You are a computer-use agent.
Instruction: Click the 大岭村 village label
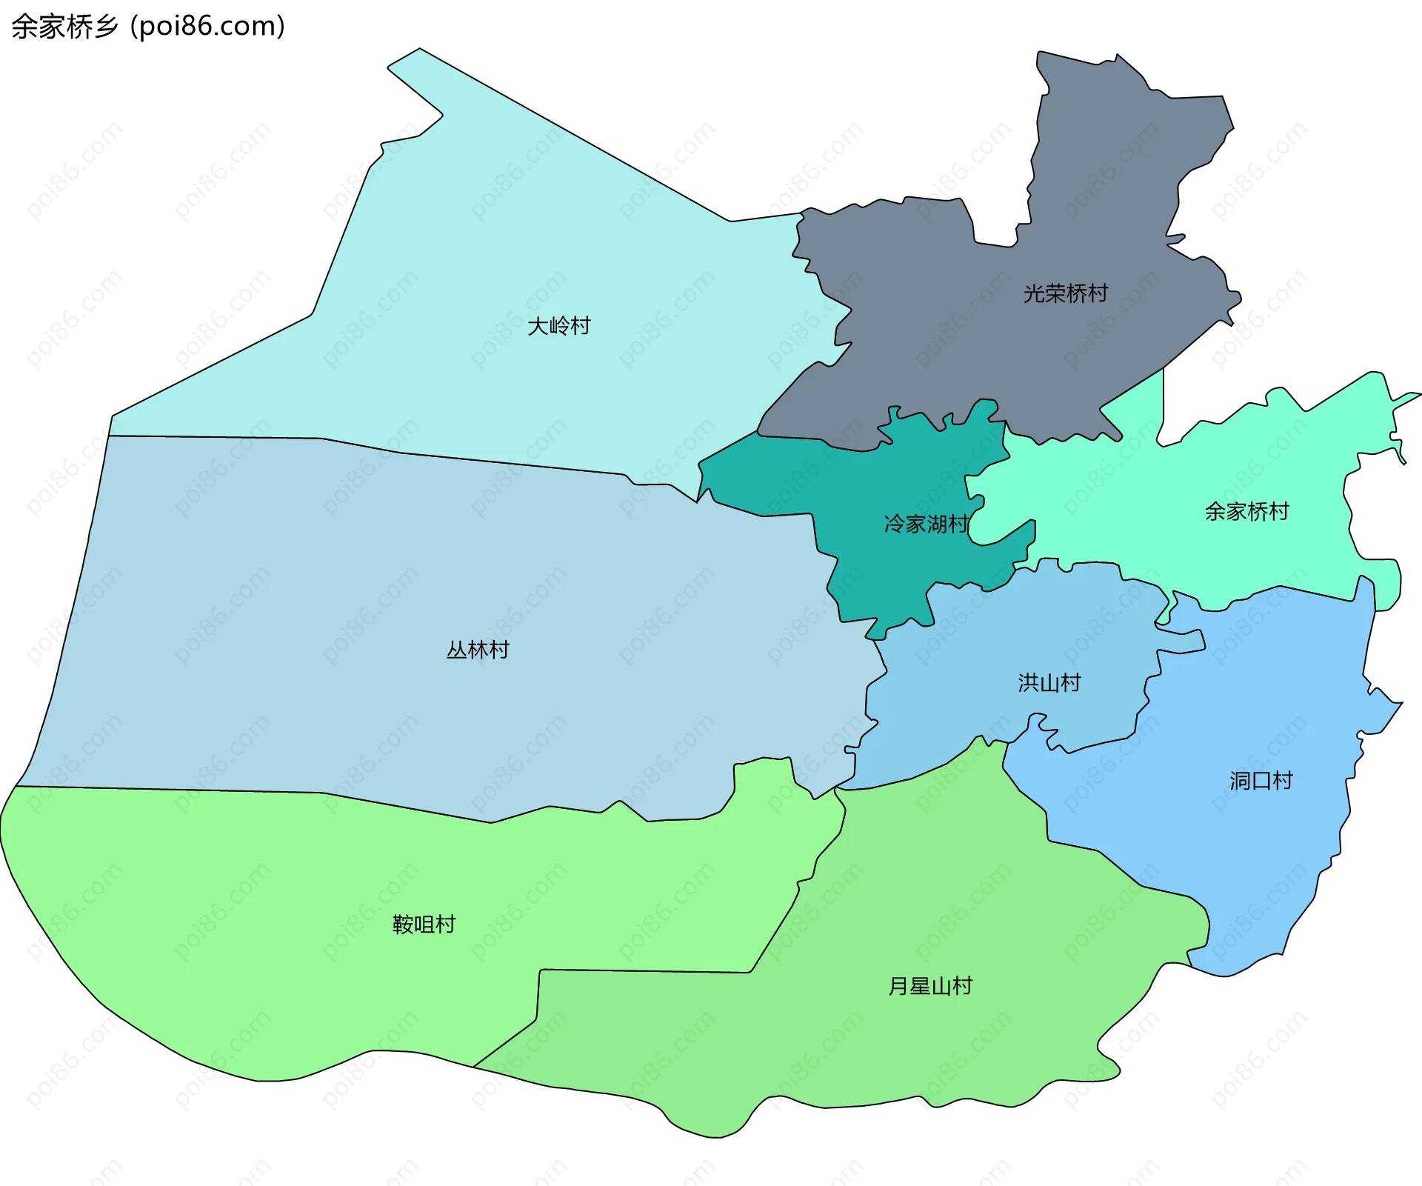(558, 326)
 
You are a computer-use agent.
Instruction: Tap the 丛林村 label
(478, 650)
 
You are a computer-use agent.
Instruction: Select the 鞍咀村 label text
(424, 925)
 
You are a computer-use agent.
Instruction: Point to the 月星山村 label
(929, 987)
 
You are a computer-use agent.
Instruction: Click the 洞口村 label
(1261, 781)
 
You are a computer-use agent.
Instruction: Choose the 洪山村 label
(1049, 683)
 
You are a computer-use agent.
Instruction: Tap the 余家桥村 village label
(1246, 512)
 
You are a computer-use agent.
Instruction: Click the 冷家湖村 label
(926, 524)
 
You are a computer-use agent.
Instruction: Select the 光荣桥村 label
(1065, 294)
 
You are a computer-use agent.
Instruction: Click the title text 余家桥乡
(65, 27)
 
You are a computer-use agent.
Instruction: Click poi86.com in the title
(207, 27)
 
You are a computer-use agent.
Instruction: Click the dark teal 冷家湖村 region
(874, 556)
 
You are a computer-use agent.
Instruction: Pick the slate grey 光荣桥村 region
(963, 333)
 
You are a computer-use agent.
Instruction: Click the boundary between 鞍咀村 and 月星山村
(644, 971)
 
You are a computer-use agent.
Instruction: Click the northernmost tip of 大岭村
(419, 50)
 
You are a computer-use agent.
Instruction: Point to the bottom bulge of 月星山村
(711, 1136)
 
